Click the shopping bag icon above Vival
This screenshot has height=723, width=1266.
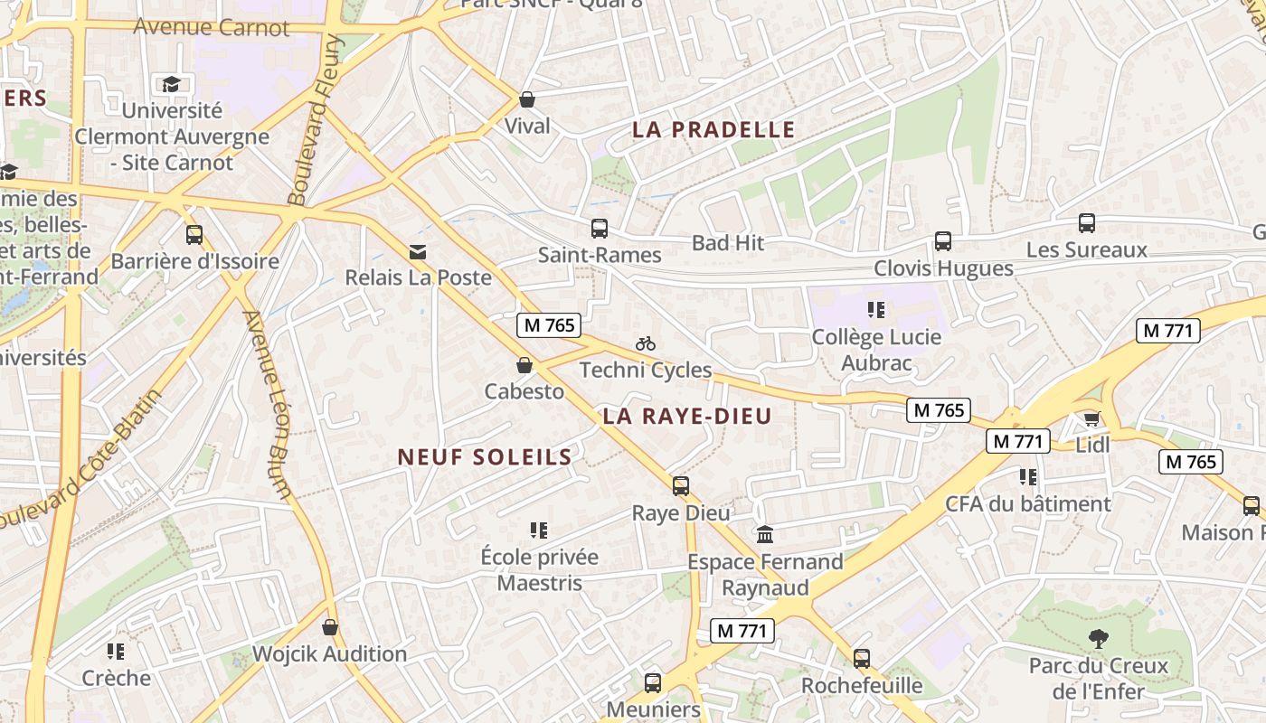(527, 99)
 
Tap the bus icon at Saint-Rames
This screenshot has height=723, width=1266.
(599, 229)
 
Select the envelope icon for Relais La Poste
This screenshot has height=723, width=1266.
(418, 251)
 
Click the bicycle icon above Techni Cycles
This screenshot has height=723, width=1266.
(645, 343)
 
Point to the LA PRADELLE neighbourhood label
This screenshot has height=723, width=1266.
(713, 130)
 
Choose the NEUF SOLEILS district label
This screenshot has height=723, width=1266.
(485, 457)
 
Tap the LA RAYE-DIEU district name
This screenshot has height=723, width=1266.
(686, 417)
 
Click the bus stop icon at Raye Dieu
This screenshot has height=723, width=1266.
(681, 486)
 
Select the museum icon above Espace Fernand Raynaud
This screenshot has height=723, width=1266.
(765, 535)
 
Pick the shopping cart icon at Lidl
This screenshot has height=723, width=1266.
(1092, 418)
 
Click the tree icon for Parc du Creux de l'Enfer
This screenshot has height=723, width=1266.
(1098, 639)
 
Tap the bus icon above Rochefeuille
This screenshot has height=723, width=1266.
(862, 659)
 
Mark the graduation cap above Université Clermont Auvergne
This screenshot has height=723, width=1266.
(171, 85)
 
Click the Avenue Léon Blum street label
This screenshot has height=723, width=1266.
(268, 404)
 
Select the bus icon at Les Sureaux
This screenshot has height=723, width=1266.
(1087, 223)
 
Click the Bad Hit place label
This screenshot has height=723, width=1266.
(728, 243)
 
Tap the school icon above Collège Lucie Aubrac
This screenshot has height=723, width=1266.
(875, 310)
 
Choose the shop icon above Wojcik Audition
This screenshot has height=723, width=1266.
(330, 627)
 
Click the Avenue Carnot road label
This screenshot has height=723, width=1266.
(212, 27)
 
